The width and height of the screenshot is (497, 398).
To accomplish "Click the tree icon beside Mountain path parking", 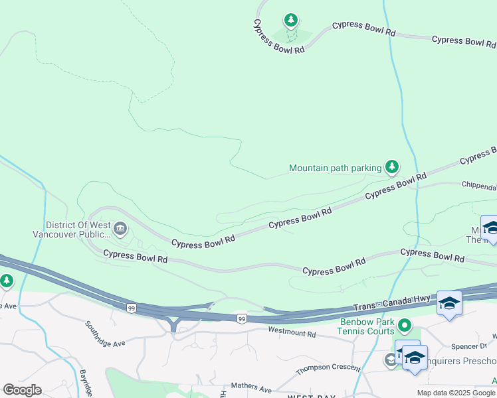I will pos(392,166).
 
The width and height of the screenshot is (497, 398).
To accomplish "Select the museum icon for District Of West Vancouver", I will pos(120,230).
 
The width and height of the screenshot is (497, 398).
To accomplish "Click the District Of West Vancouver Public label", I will pos(71,230).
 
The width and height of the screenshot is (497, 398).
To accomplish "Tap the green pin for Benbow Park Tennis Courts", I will pos(405,326).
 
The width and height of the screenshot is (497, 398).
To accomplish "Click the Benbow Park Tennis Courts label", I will pos(365,326).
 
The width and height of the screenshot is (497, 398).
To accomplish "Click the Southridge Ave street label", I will pos(105,335).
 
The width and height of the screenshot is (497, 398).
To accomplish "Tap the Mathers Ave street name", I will pos(251,387).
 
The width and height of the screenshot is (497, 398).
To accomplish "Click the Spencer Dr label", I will pos(464,346).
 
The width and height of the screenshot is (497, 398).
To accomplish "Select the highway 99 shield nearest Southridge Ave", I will pos(132,308).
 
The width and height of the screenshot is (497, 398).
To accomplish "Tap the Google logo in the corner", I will pos(22,390).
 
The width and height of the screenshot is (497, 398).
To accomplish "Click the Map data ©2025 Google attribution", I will pos(456,393).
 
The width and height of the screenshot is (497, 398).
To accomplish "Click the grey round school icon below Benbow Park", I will pos(390,360).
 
